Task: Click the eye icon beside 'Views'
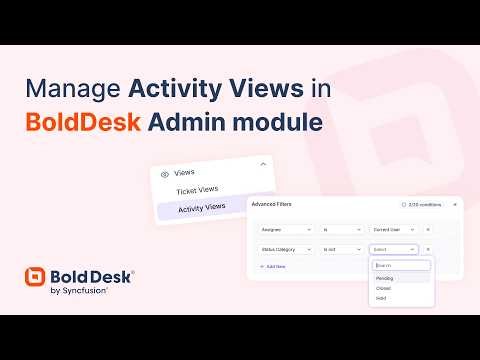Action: tap(164, 171)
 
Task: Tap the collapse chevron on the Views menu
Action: tap(262, 165)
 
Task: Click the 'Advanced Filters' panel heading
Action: tap(271, 204)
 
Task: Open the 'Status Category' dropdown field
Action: tap(282, 249)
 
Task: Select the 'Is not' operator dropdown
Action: tap(341, 249)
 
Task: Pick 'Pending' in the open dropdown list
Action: tap(385, 277)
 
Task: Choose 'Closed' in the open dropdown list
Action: tap(384, 288)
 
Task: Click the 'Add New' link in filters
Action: tap(273, 267)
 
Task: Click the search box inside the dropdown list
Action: tap(400, 265)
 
